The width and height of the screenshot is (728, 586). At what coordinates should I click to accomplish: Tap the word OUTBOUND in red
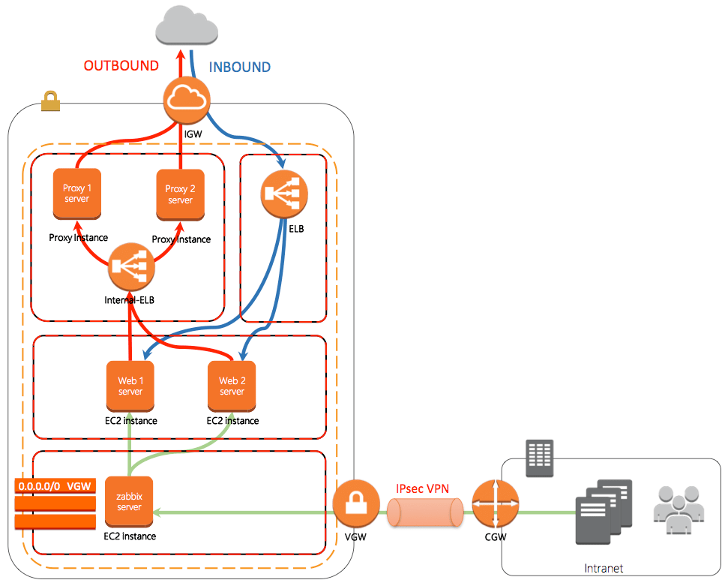point(121,66)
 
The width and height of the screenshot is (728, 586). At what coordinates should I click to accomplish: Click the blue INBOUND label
point(239,67)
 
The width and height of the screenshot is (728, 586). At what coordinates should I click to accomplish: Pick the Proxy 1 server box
point(76,194)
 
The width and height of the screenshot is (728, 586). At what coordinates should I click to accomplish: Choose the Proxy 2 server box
point(180,194)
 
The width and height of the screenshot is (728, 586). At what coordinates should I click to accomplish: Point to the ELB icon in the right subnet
point(284,194)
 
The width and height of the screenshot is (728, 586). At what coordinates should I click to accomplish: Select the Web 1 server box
point(130,386)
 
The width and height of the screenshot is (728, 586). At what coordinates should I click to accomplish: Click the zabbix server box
point(129,502)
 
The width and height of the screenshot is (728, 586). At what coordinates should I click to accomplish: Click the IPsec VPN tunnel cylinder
point(425,514)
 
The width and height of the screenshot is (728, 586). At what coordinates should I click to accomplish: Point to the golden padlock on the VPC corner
point(50,101)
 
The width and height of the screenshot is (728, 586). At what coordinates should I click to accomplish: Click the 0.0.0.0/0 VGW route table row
point(55,486)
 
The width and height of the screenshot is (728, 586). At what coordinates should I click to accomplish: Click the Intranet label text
point(604,569)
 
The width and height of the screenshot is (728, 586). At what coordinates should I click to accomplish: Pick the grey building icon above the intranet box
point(539,458)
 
